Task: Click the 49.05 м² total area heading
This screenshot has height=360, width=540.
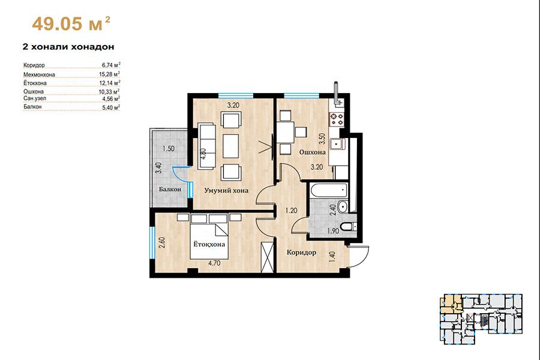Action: [71, 23]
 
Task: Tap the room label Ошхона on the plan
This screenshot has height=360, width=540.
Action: [312, 152]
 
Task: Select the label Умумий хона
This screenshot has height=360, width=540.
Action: [226, 191]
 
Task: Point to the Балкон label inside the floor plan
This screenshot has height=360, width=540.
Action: [170, 189]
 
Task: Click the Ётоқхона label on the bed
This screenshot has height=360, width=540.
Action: [209, 244]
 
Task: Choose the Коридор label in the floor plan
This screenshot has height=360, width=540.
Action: [301, 253]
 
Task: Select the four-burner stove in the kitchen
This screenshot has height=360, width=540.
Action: [337, 119]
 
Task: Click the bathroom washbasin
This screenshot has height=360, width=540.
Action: [343, 206]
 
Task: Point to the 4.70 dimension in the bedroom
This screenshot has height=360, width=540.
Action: [214, 263]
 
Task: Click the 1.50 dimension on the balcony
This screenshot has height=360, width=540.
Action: [169, 149]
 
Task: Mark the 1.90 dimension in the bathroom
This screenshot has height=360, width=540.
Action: [333, 231]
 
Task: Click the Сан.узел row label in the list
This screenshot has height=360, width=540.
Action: [35, 98]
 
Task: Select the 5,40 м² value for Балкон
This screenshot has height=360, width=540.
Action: [111, 107]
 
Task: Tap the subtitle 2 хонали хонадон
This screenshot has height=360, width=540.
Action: [68, 47]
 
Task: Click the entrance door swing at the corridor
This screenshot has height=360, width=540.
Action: [359, 256]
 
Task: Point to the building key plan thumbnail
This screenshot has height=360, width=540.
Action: [481, 319]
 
